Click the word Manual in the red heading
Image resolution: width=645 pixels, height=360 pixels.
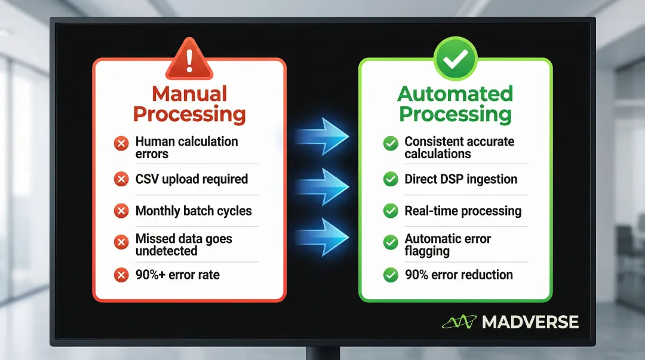pos(189,94)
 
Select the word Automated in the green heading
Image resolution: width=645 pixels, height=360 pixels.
pos(455,94)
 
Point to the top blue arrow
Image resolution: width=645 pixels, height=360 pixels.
pos(323,137)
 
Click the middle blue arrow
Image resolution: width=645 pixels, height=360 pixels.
pos(323,186)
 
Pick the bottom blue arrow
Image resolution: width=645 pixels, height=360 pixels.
pos(323,236)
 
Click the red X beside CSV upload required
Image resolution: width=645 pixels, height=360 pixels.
pos(121,179)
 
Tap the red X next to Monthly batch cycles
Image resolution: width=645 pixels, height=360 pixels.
pos(121,211)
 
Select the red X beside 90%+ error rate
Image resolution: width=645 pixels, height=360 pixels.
pos(121,275)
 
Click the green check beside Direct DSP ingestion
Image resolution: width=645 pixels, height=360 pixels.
pos(391,179)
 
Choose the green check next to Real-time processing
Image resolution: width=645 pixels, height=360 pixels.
pos(391,211)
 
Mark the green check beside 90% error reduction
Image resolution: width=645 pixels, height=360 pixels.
pos(391,275)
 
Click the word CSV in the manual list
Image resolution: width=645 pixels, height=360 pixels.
pos(148,179)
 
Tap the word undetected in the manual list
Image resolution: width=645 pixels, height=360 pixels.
pos(166,251)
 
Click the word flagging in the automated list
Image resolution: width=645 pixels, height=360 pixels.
pos(427,251)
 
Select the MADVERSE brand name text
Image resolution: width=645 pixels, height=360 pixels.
pos(530,322)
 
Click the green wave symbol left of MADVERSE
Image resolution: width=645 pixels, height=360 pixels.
pos(459,322)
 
